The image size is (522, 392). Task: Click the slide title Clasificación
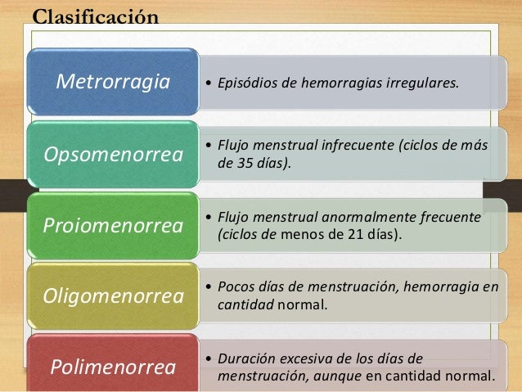point(94,16)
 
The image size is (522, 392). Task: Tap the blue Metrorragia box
point(112,82)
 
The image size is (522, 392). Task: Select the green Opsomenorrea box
point(114,154)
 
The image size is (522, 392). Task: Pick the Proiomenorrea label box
point(114,225)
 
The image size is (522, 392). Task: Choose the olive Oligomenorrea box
point(114,296)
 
